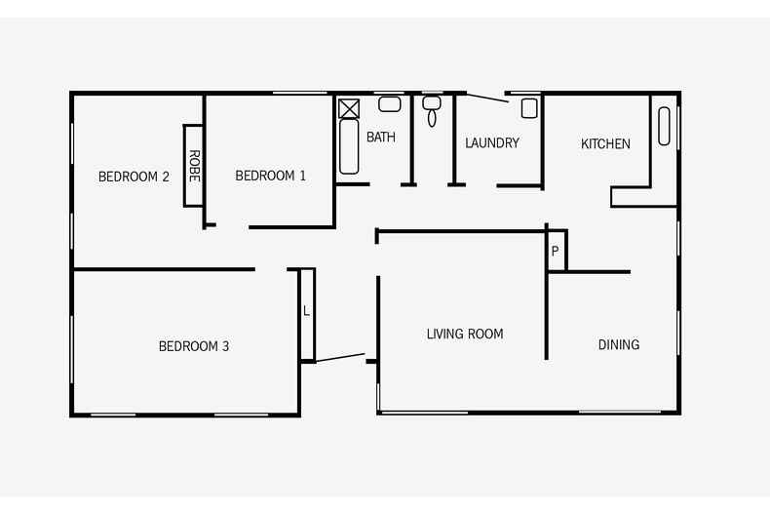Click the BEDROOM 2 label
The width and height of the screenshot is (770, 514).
point(135,177)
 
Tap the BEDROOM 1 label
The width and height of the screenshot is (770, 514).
point(271,176)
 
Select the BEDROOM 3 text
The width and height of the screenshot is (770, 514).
point(194,346)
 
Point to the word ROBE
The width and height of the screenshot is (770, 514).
point(194,166)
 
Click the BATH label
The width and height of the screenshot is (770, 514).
point(381,138)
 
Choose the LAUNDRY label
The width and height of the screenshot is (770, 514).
point(492,143)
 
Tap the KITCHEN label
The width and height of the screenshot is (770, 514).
point(605,144)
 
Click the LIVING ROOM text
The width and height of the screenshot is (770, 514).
point(465,334)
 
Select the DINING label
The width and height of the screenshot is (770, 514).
point(619,344)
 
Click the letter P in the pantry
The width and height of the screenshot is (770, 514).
point(555,252)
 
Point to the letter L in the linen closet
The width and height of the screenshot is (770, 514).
point(306,311)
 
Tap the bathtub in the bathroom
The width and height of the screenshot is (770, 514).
point(349,147)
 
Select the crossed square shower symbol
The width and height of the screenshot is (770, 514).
point(348,107)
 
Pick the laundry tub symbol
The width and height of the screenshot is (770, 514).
point(529,107)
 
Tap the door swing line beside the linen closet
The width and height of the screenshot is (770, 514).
point(340,358)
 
